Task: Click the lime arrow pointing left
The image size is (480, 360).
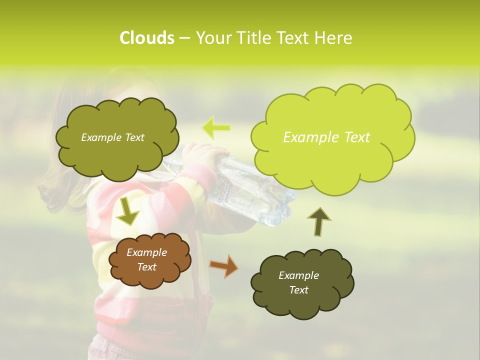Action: (x=216, y=128)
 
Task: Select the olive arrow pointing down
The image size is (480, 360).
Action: (x=128, y=211)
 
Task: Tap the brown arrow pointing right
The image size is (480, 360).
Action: (x=223, y=265)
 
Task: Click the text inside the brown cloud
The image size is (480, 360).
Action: (x=147, y=259)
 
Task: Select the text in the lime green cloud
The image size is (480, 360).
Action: (x=326, y=137)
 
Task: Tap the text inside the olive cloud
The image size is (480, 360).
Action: (x=112, y=137)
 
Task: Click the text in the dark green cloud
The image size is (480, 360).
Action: (x=298, y=282)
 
